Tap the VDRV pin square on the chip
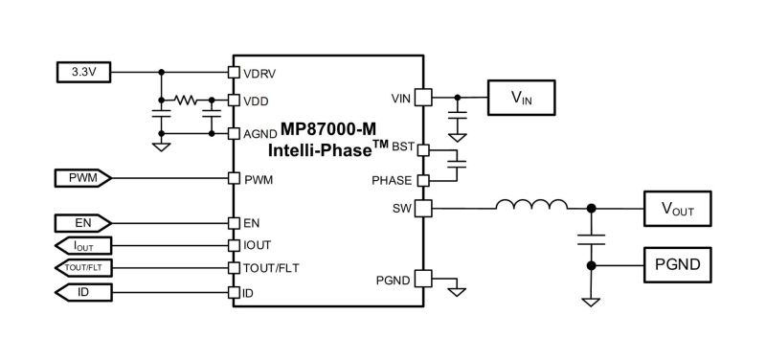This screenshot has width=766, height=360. click(233, 72)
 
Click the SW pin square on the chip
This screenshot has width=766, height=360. click(423, 207)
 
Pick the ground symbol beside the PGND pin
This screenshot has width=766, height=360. click(459, 284)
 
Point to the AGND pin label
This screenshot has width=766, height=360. click(259, 133)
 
